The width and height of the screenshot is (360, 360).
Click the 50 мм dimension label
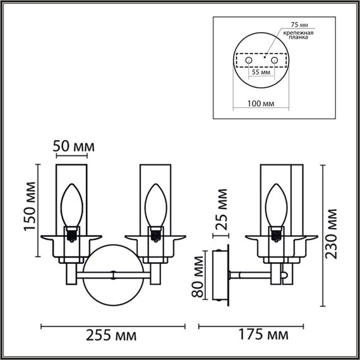coord(73,147)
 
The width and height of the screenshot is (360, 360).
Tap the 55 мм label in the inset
coord(261,73)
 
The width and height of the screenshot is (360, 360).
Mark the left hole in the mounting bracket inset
coord(249,60)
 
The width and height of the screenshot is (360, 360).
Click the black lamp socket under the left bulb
coord(73,234)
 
